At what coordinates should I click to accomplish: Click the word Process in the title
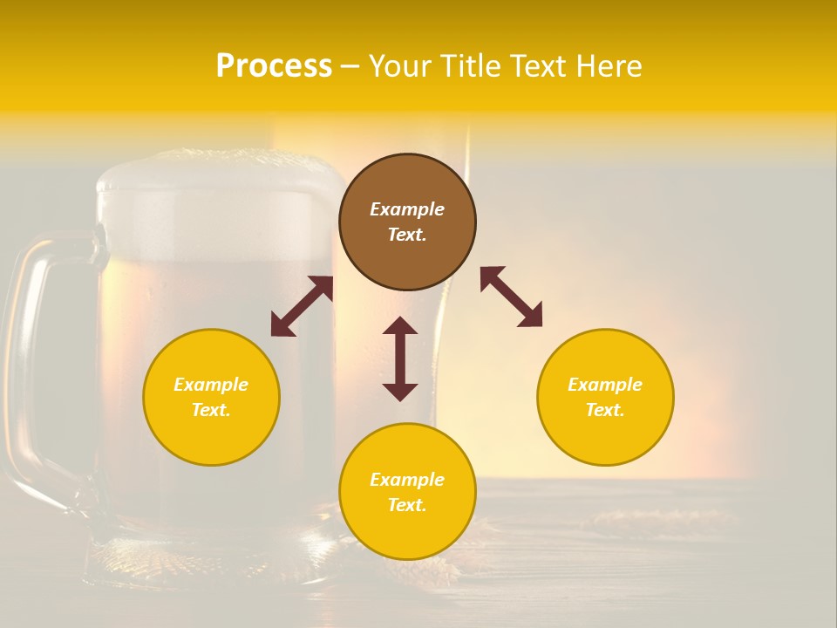click(x=274, y=66)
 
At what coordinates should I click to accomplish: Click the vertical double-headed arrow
click(x=400, y=358)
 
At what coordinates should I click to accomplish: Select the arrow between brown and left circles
click(x=302, y=306)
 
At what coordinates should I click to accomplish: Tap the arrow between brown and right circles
click(x=512, y=297)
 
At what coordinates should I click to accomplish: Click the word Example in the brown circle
click(x=407, y=209)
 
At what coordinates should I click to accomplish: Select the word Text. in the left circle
click(x=211, y=410)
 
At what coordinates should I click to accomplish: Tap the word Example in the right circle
click(x=605, y=385)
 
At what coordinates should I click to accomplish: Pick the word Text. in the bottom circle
click(x=407, y=505)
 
